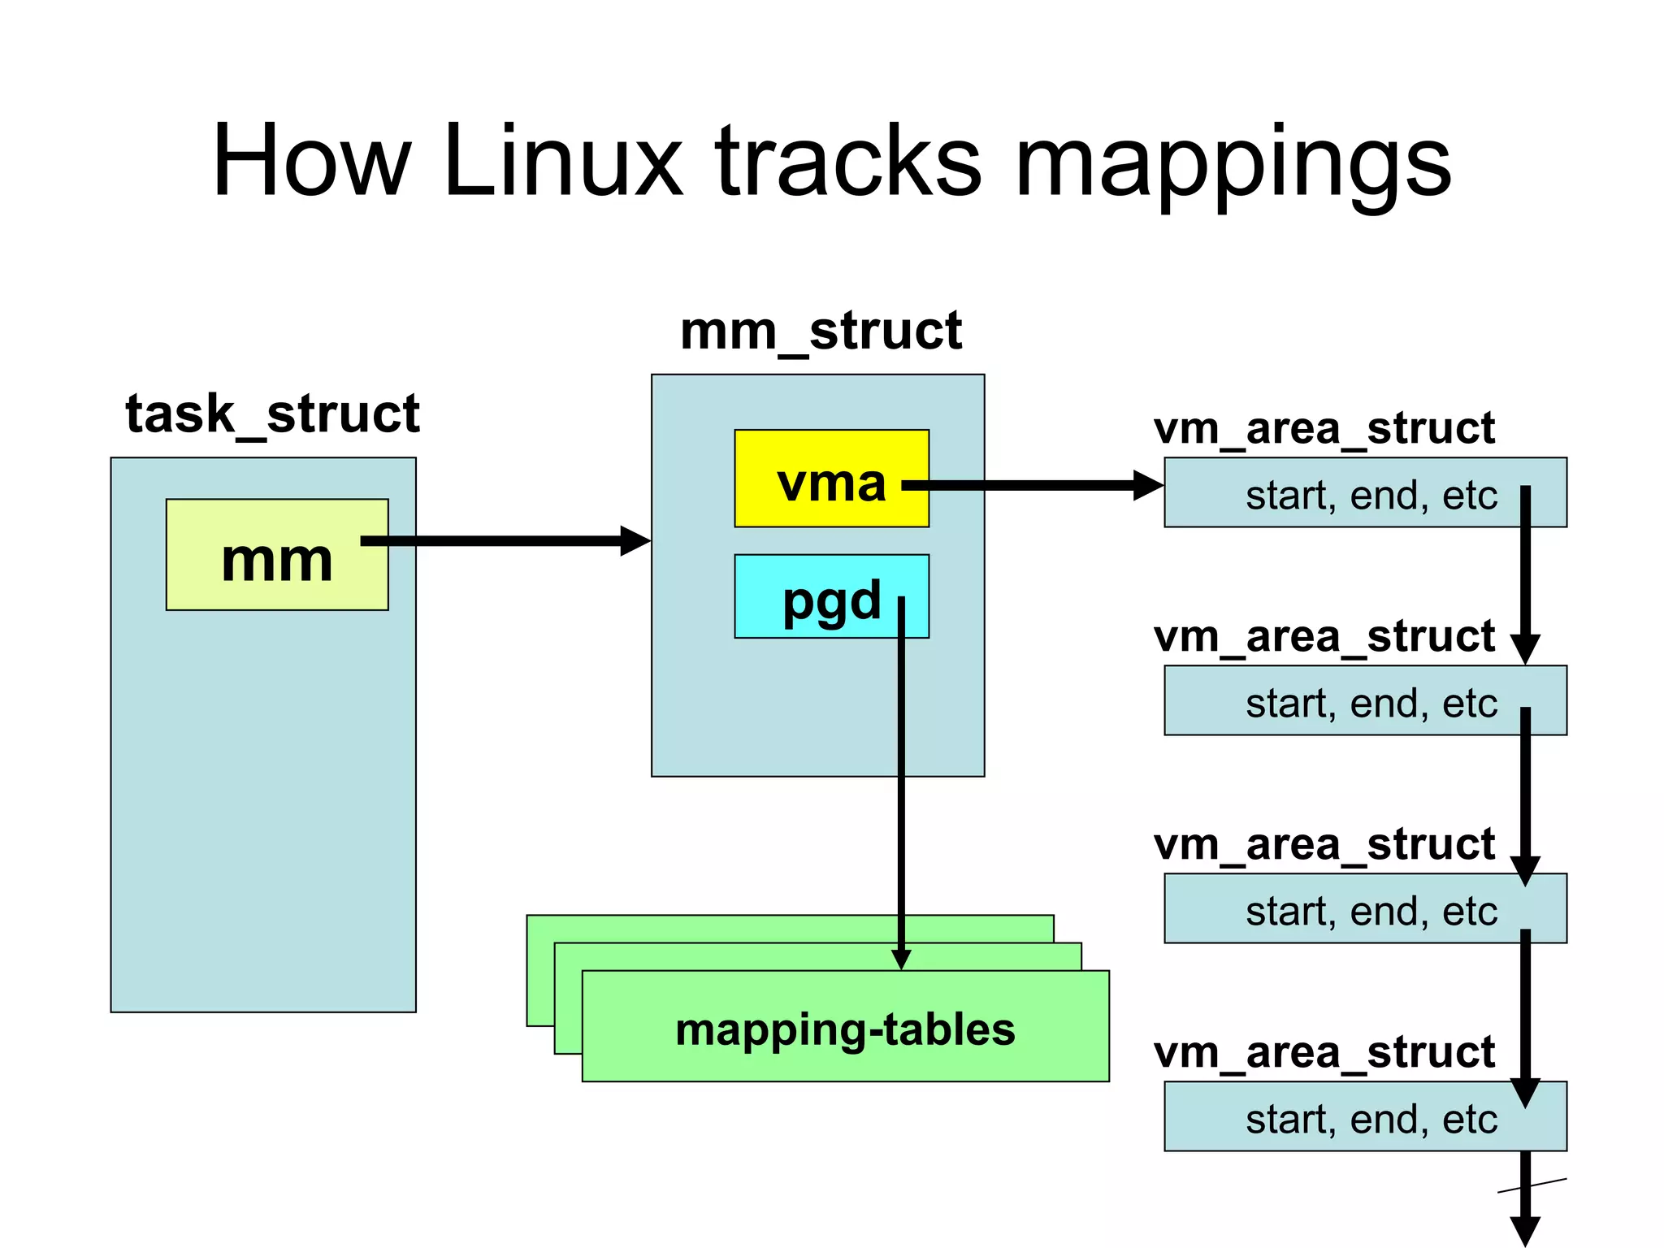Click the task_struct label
tap(272, 414)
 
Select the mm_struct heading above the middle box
tap(821, 331)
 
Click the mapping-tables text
tap(845, 1029)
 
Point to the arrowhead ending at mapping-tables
tap(901, 960)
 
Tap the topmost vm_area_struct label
tap(1324, 428)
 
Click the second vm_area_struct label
tap(1324, 636)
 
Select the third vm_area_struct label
tap(1324, 844)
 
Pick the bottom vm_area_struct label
tap(1324, 1052)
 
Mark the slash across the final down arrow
tap(1532, 1186)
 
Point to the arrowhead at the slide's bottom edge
tap(1525, 1230)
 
